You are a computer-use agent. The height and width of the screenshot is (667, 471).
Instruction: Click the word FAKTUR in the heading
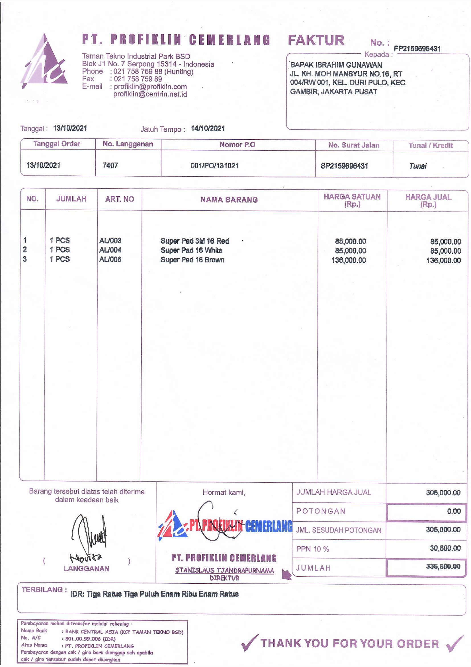click(x=316, y=40)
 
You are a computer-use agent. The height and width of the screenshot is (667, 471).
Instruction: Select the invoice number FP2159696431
click(x=417, y=49)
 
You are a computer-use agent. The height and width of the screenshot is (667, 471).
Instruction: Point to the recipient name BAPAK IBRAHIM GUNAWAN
click(x=336, y=65)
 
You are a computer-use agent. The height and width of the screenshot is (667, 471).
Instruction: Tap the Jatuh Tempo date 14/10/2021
click(x=208, y=129)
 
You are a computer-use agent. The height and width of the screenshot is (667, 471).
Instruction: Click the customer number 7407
click(x=110, y=165)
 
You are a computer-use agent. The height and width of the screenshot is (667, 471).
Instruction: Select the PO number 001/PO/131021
click(x=215, y=166)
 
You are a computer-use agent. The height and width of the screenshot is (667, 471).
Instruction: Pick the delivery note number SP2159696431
click(x=344, y=166)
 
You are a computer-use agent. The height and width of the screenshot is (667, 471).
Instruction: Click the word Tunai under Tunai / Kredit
click(x=418, y=166)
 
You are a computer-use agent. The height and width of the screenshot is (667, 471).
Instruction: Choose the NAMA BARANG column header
click(x=229, y=200)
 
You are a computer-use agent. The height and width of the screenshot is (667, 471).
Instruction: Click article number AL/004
click(x=110, y=250)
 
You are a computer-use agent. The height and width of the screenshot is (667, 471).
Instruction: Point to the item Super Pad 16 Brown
click(x=192, y=260)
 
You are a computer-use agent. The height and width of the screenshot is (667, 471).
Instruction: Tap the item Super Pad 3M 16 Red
click(x=195, y=241)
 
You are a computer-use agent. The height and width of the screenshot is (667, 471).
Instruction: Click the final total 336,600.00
click(x=443, y=567)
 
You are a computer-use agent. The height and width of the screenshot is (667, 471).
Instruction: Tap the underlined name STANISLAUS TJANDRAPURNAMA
click(x=224, y=571)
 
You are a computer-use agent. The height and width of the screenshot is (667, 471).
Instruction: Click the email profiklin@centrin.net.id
click(x=150, y=94)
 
